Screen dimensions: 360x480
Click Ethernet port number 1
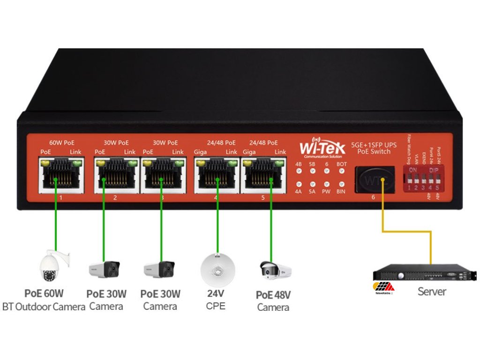coord(61,178)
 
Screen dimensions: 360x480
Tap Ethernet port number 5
coord(263,178)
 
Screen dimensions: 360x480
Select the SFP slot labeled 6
coord(374,180)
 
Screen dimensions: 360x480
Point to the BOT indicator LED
coord(342,172)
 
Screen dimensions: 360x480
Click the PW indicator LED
coord(327,185)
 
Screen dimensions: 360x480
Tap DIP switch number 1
coord(410,179)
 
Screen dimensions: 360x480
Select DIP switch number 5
coord(437,179)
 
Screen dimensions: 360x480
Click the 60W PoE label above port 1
coord(62,142)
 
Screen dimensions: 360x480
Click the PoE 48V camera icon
coord(275,270)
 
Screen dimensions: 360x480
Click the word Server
coord(432,292)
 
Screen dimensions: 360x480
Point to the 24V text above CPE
coord(216,294)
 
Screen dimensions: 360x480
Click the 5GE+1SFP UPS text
coord(374,145)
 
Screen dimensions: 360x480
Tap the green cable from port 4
coord(217,220)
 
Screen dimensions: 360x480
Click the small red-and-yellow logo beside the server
coord(383,288)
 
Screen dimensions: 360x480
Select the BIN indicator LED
coord(342,185)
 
